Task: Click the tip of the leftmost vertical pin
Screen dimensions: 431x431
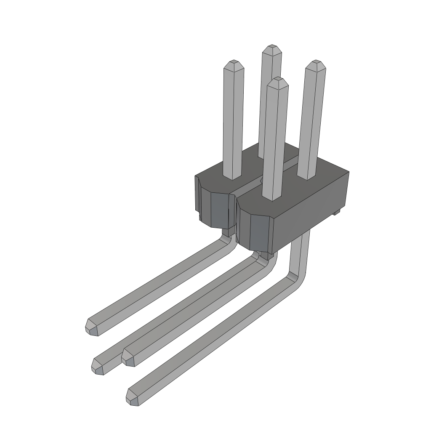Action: pyautogui.click(x=233, y=64)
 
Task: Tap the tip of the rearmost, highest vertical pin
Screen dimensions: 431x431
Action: pyautogui.click(x=271, y=48)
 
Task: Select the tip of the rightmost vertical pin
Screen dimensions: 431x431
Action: pyautogui.click(x=316, y=64)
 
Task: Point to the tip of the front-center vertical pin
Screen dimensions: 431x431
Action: pyautogui.click(x=278, y=82)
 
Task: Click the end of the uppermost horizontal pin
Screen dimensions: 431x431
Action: pyautogui.click(x=91, y=327)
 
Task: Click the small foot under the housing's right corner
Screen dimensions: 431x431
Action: pyautogui.click(x=336, y=213)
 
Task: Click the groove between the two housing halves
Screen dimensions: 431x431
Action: pyautogui.click(x=253, y=181)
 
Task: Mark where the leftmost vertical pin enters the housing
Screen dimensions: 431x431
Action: pyautogui.click(x=232, y=177)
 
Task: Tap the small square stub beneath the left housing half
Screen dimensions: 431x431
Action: pyautogui.click(x=227, y=231)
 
